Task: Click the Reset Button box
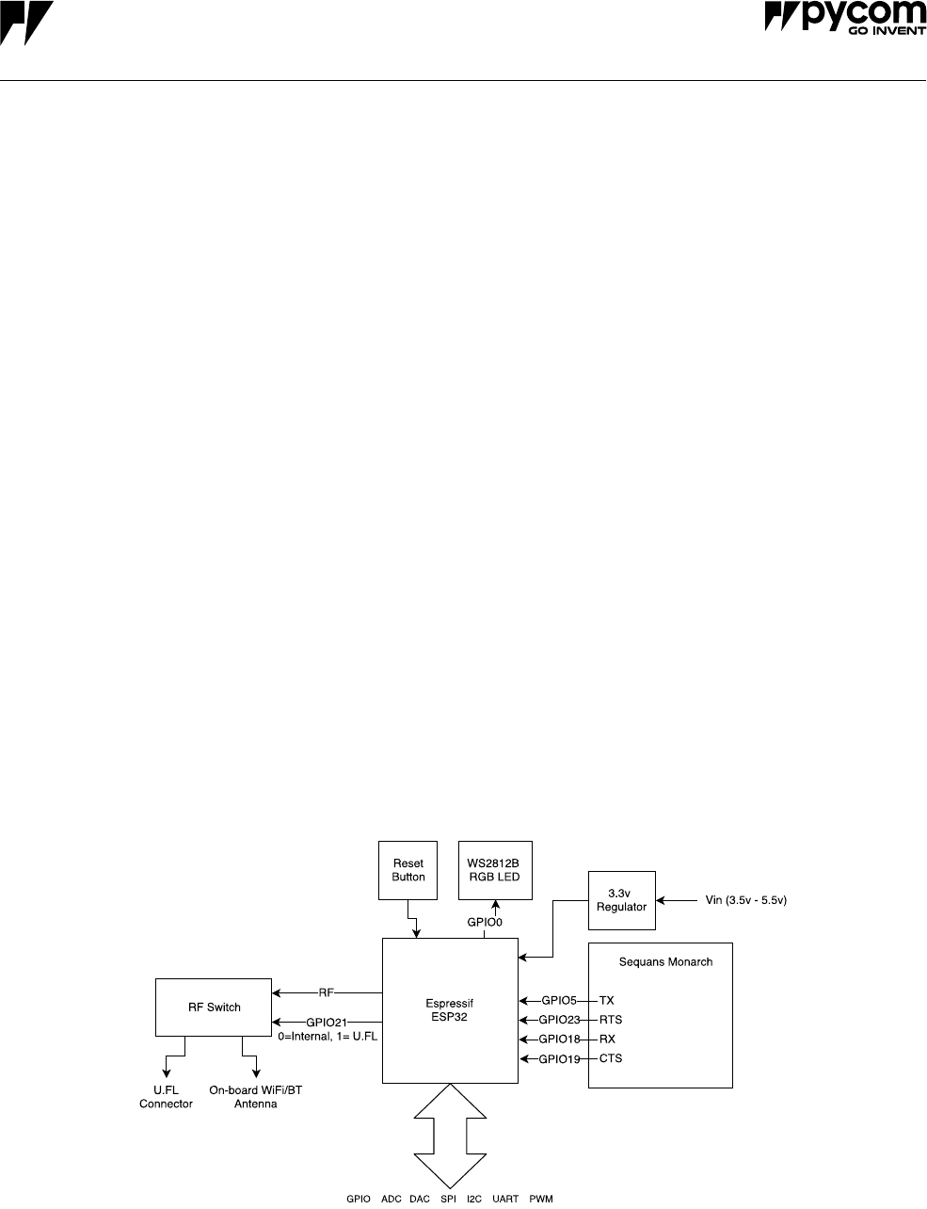point(408,870)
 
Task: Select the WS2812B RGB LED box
point(494,870)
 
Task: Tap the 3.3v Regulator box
point(621,900)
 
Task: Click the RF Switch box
point(213,1007)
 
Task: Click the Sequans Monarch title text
point(665,962)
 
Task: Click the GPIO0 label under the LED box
point(485,924)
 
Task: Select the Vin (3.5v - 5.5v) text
point(745,901)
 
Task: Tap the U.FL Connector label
point(166,1098)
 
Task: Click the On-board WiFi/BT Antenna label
point(256,1098)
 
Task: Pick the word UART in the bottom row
point(505,1200)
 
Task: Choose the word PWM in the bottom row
point(541,1200)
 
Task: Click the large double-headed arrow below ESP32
point(450,1135)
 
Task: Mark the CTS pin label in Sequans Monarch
point(611,1059)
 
